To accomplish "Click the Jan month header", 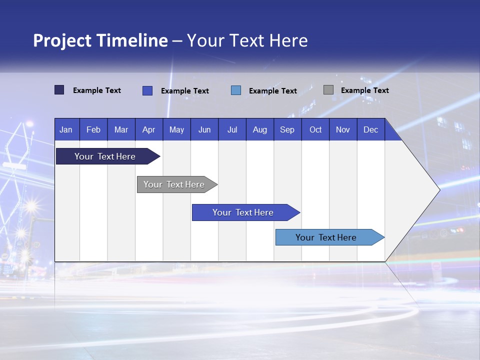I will coord(66,129).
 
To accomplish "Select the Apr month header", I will coord(149,129).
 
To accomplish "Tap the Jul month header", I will coord(232,129).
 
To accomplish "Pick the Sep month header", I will coord(287,129).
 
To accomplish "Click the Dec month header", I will coord(370,129).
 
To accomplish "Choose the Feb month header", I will coord(93,129).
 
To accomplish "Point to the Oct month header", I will coord(315,129).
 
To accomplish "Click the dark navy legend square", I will coord(59,90).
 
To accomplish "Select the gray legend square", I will coord(328,90).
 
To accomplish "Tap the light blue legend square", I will coord(236,90).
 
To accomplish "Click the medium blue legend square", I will coord(147,90).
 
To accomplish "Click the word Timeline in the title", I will coord(132,40).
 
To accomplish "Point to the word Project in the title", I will coord(62,40).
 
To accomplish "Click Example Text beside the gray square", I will coord(364,90).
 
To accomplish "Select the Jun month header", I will coord(204,129).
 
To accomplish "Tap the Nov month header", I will coord(343,129).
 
